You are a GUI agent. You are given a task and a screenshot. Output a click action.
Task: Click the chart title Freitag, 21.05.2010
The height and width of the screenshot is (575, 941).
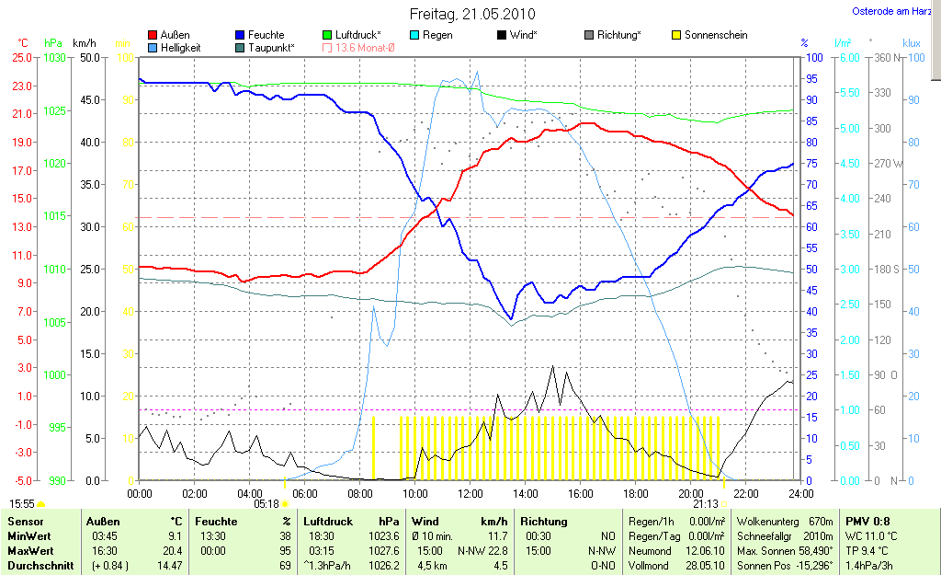[x=471, y=15]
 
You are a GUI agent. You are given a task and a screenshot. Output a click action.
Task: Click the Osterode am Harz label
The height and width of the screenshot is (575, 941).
[x=888, y=11]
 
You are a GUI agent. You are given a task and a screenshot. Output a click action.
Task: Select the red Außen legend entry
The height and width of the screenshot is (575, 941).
[x=175, y=35]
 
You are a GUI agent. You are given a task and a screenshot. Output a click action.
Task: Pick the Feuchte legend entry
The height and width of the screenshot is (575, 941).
[x=266, y=35]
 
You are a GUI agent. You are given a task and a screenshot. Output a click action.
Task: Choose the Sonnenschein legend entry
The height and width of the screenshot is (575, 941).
[x=715, y=35]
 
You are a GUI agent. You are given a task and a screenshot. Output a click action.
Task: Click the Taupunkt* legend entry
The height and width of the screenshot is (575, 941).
[x=271, y=47]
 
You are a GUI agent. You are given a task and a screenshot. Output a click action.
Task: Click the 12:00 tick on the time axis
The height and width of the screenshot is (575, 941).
[x=470, y=493]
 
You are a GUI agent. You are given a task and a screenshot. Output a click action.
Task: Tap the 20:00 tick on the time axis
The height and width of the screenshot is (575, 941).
[x=690, y=493]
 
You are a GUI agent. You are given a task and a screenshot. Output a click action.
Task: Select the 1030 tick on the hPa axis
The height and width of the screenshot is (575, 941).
[x=55, y=57]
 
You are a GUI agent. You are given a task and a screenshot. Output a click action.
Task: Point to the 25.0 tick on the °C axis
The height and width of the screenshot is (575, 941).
[x=20, y=57]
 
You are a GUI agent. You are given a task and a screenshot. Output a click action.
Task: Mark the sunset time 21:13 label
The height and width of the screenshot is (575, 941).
[x=706, y=504]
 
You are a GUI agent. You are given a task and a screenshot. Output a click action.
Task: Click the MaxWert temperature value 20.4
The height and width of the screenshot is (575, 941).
[x=173, y=551]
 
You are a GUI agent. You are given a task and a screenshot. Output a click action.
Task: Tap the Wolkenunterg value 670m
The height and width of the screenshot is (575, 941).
[x=820, y=522]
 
